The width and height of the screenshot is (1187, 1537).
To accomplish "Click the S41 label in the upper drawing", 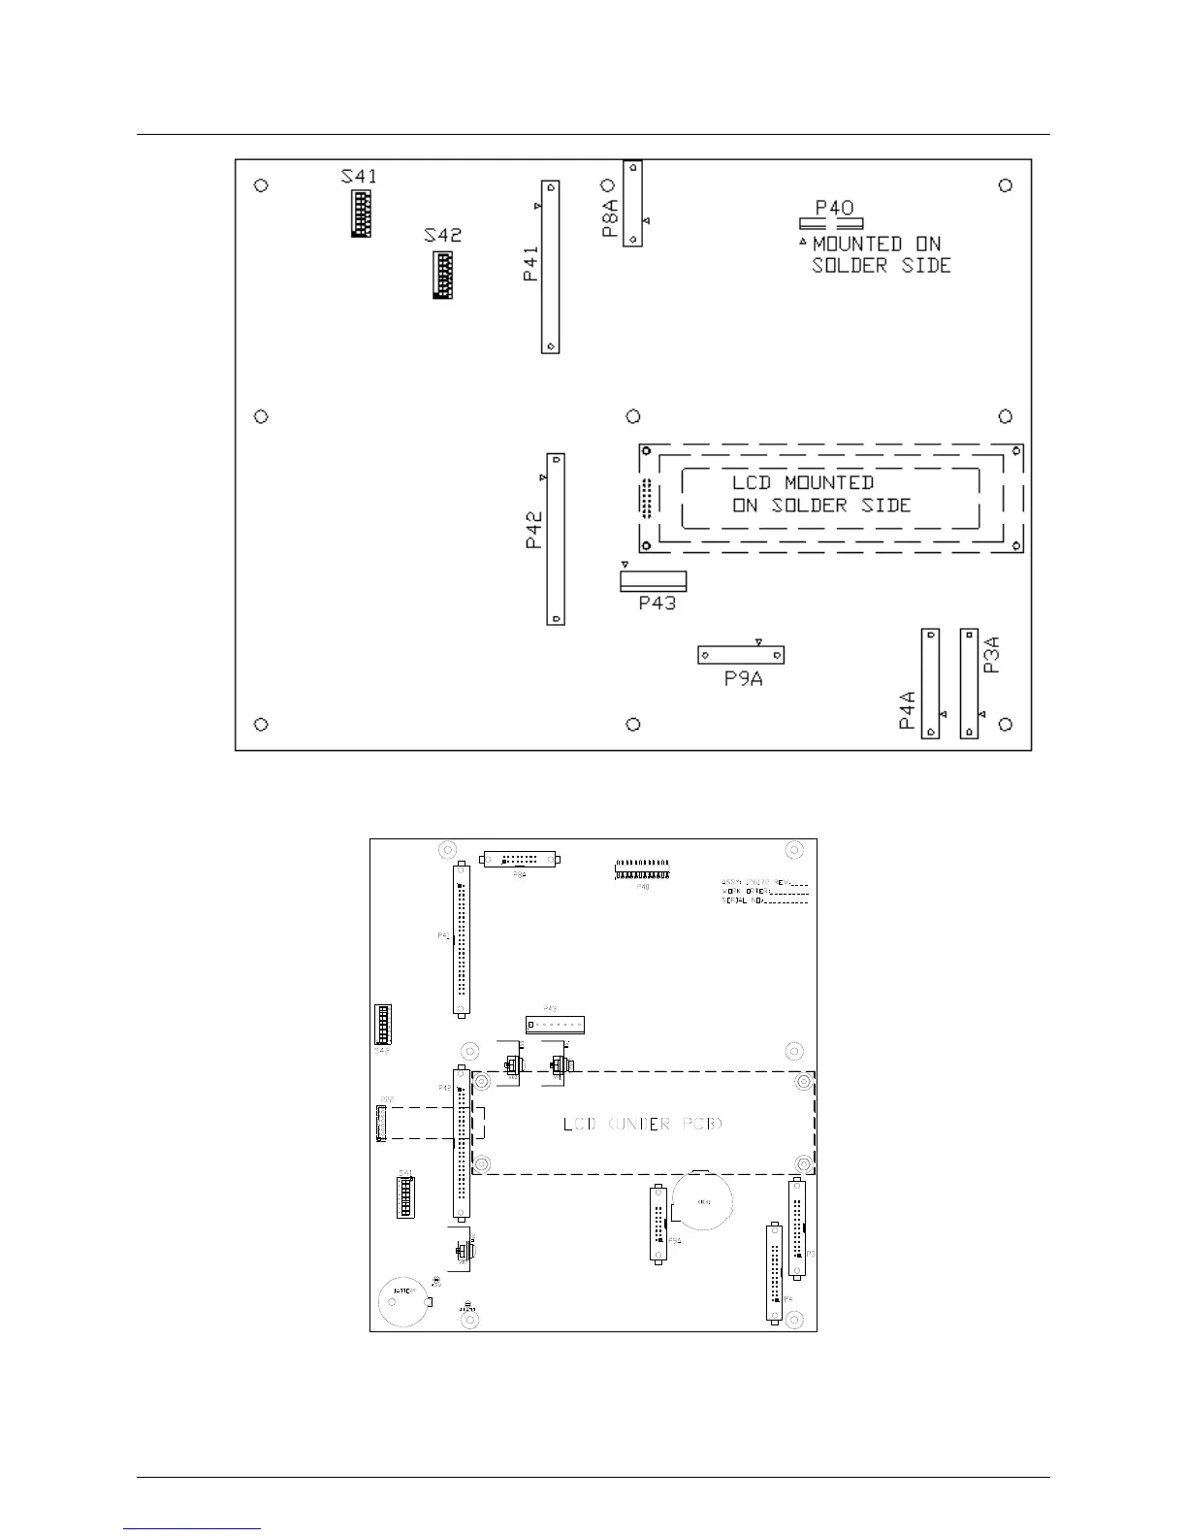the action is pyautogui.click(x=359, y=177).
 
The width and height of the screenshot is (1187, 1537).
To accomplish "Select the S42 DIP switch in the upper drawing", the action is pyautogui.click(x=442, y=276).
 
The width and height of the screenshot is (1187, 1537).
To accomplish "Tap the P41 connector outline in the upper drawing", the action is pyautogui.click(x=551, y=267).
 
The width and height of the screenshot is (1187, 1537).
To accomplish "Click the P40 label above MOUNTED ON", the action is pyautogui.click(x=834, y=208).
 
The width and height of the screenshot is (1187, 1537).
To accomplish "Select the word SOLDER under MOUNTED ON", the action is pyautogui.click(x=850, y=266).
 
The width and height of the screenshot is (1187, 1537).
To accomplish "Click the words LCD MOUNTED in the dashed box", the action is pyautogui.click(x=802, y=482).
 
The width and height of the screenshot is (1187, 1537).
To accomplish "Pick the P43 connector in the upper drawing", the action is pyautogui.click(x=653, y=581).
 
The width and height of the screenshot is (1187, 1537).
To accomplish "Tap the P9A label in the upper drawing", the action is pyautogui.click(x=743, y=679).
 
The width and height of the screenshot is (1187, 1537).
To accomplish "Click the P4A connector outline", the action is pyautogui.click(x=930, y=683).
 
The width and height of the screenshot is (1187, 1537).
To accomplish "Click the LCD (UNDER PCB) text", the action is pyautogui.click(x=643, y=1124).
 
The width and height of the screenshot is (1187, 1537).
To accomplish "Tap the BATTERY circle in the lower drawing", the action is pyautogui.click(x=403, y=1301).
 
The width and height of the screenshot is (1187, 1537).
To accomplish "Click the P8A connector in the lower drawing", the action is pyautogui.click(x=521, y=860).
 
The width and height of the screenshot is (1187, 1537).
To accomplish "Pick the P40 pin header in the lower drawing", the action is pyautogui.click(x=642, y=869).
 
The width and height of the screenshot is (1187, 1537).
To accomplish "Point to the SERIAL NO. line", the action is pyautogui.click(x=764, y=900).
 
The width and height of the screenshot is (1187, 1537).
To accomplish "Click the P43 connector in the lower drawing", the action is pyautogui.click(x=556, y=1024).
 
